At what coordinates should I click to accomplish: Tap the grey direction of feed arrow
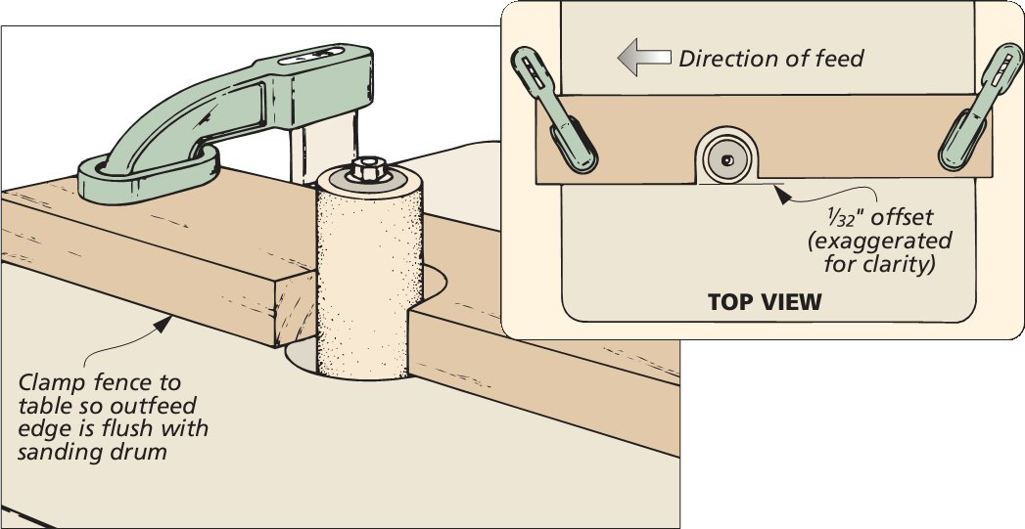point(642,59)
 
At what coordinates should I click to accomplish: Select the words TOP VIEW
point(765,302)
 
